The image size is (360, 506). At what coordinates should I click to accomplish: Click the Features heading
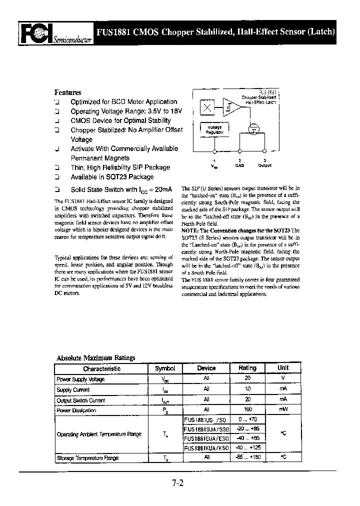(x=67, y=92)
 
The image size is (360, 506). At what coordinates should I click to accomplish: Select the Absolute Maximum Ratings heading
(x=95, y=358)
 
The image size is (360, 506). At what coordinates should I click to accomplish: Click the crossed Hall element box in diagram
(x=207, y=107)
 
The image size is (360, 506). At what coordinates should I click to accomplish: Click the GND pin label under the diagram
(x=240, y=165)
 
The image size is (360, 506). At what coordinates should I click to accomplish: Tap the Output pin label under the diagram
(x=264, y=165)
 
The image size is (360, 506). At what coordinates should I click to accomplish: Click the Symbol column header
(x=165, y=368)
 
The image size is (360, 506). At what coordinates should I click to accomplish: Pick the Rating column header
(x=247, y=368)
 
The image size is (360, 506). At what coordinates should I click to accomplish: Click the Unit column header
(x=283, y=368)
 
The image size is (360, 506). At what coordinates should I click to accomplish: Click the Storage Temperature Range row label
(x=87, y=457)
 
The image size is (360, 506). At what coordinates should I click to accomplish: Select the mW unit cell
(x=283, y=410)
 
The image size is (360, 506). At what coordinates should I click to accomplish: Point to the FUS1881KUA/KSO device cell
(x=206, y=447)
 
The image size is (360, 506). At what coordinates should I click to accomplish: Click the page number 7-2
(x=178, y=483)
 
